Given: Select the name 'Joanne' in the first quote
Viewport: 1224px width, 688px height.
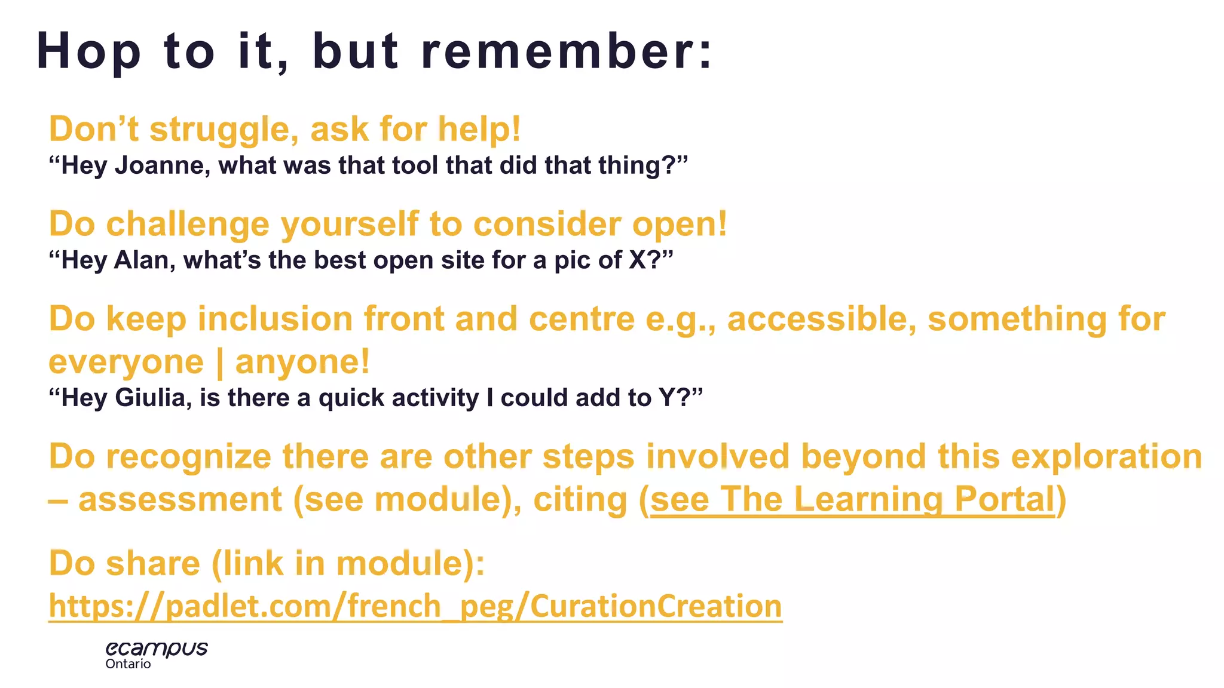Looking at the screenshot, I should pyautogui.click(x=162, y=165).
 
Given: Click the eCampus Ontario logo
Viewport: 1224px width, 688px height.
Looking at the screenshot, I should pyautogui.click(x=157, y=655).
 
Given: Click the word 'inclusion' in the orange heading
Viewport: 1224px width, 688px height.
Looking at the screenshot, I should pyautogui.click(x=275, y=319).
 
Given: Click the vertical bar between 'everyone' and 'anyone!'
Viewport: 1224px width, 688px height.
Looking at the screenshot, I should pyautogui.click(x=219, y=363).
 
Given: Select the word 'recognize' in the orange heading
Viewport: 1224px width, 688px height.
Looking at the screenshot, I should pyautogui.click(x=189, y=457).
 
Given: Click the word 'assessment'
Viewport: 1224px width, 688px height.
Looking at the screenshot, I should pyautogui.click(x=180, y=499).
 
